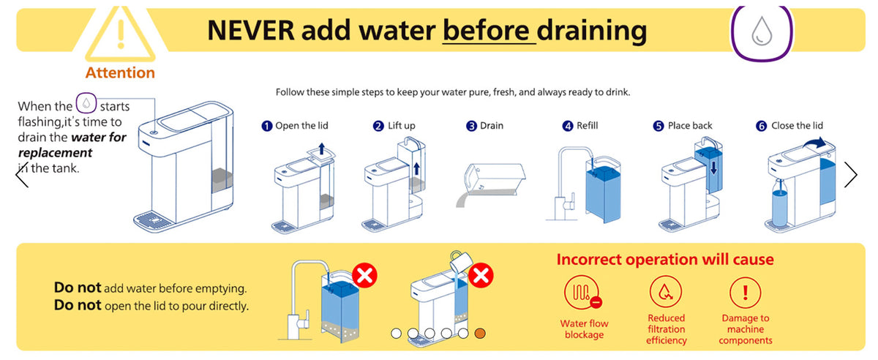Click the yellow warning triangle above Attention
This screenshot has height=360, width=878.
click(121, 34)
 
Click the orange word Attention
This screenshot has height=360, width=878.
click(120, 73)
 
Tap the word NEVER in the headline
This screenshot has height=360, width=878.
click(251, 31)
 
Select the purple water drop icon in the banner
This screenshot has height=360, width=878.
click(762, 33)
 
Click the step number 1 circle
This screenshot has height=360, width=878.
click(266, 126)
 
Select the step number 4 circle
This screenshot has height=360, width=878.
click(568, 126)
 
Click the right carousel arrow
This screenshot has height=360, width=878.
click(851, 174)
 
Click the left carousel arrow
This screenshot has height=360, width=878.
click(22, 174)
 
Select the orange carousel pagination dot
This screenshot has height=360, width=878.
click(480, 334)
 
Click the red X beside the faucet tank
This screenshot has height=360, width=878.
click(364, 275)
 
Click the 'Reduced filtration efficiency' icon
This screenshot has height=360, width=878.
click(666, 292)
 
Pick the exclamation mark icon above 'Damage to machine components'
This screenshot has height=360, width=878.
click(745, 293)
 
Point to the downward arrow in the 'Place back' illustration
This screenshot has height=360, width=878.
click(713, 168)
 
